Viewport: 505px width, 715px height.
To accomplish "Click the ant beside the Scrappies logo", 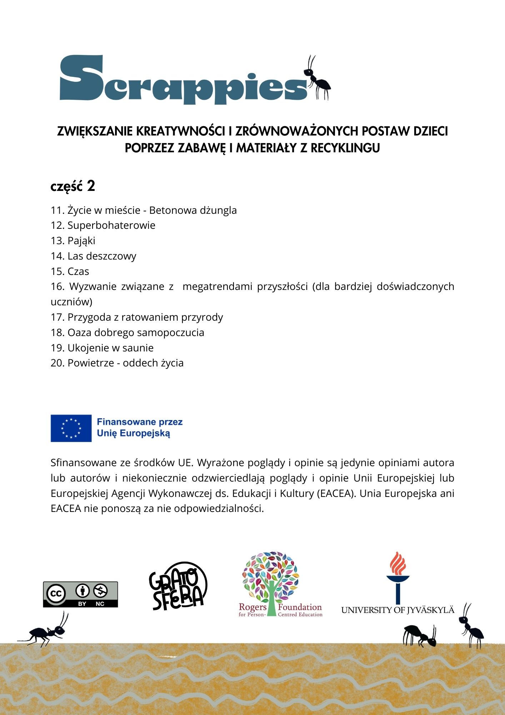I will point(317,79).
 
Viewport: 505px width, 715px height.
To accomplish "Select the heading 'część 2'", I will point(73,187).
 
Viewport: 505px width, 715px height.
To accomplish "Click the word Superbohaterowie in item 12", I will point(111,226).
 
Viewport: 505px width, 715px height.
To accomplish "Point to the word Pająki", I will point(81,241).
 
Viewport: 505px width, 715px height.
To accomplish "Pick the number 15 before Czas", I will point(57,272).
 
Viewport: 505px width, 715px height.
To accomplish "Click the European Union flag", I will point(71,428).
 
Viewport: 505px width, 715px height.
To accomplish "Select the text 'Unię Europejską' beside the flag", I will point(134,434).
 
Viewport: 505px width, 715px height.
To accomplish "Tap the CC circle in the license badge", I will point(56,594).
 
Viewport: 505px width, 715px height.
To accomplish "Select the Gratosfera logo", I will point(177,586).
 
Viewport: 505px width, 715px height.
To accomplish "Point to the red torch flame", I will point(397,562).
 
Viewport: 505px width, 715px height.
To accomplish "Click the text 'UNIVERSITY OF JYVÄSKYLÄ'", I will point(397,610).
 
